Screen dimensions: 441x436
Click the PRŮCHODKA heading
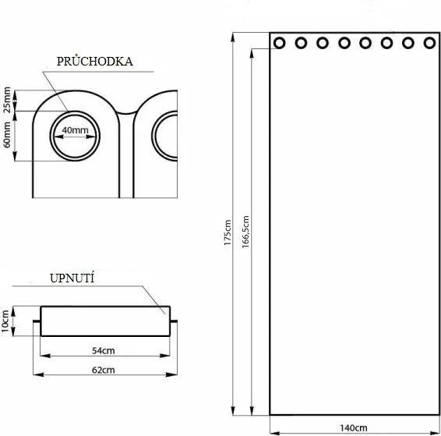pos(95,62)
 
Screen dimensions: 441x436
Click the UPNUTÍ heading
pos(72,278)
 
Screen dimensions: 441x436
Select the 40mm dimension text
pos(75,130)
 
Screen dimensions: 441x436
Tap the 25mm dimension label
pos(7,100)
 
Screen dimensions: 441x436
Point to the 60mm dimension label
pos(7,135)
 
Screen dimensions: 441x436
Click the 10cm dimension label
pos(5,321)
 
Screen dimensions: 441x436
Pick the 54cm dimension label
pos(104,351)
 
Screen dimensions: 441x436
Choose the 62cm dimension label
pos(104,370)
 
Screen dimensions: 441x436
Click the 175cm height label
pos(228,232)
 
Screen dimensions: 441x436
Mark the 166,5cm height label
pos(245,232)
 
